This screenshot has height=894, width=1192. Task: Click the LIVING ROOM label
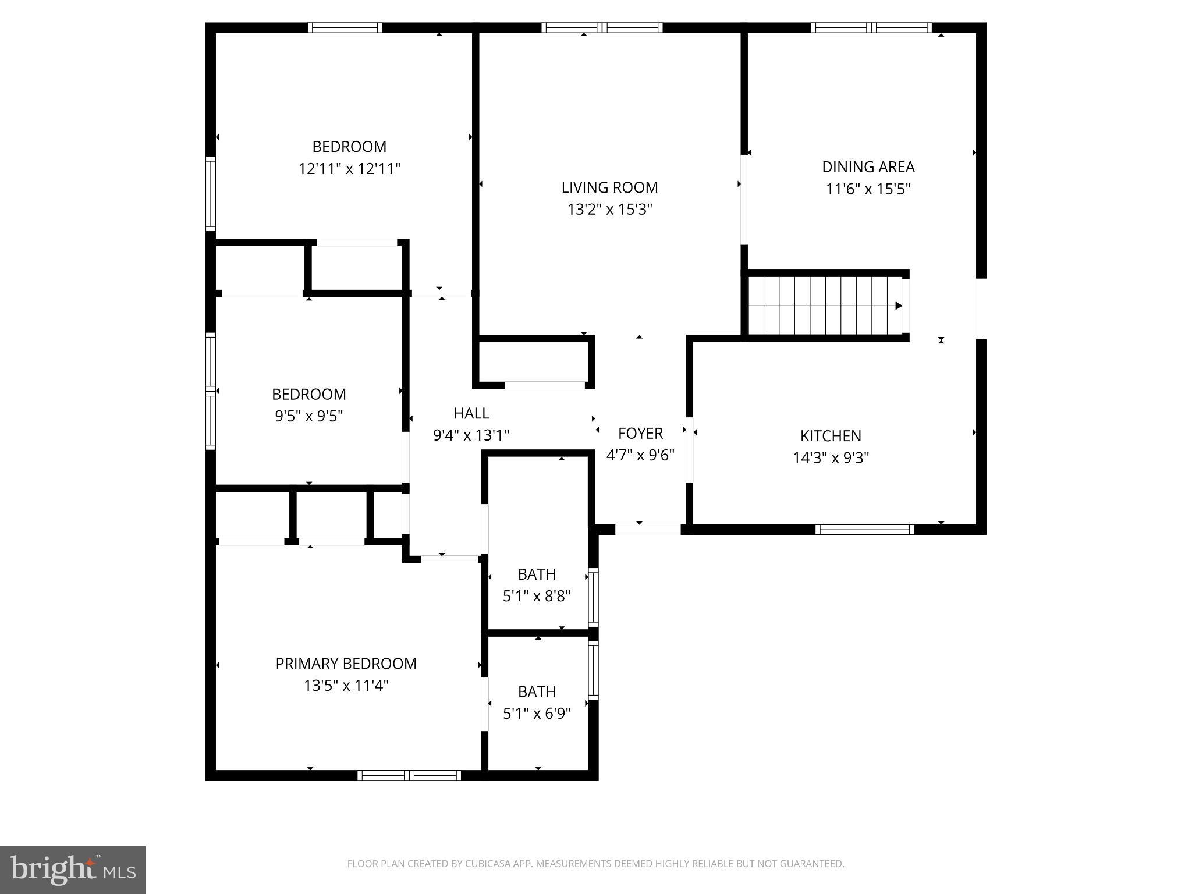[609, 187]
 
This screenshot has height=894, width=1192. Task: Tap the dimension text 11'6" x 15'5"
[868, 189]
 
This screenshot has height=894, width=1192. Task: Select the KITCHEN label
[831, 436]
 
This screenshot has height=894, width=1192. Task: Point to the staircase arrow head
[899, 306]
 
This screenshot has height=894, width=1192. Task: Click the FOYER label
[640, 434]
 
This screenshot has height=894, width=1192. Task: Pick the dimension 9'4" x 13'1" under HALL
[471, 435]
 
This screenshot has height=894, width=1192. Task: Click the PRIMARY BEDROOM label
[346, 664]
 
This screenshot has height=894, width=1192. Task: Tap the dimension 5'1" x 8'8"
[536, 597]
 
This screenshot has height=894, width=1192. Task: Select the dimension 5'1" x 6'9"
[536, 714]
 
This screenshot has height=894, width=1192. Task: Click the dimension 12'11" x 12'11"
[349, 169]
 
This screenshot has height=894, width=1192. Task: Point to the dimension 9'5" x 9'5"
[308, 416]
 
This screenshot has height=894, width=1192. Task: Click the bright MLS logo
[73, 870]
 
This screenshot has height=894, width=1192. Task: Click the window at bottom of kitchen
[864, 529]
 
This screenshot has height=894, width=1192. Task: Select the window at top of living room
[602, 27]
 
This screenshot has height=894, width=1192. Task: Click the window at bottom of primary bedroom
[409, 775]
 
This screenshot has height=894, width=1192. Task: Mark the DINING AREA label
[868, 167]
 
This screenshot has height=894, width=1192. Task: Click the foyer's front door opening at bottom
[647, 529]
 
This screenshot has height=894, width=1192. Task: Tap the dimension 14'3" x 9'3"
[831, 458]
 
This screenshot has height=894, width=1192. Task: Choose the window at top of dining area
[871, 27]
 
